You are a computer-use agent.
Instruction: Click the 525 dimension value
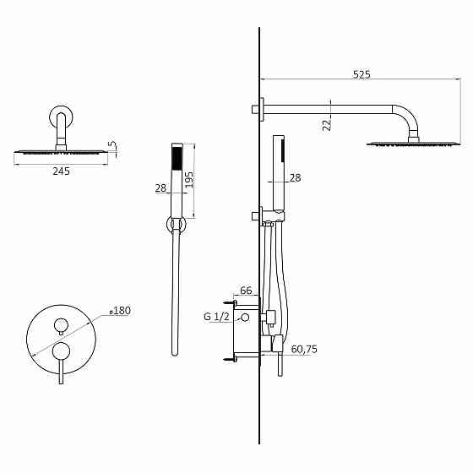coord(362,75)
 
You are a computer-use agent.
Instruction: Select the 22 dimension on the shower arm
coord(327,123)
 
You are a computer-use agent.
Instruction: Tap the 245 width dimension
coord(61,171)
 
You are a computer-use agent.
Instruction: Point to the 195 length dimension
coord(189,180)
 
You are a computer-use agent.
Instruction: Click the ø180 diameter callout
coord(120,311)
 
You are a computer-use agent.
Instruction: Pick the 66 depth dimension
coord(247,291)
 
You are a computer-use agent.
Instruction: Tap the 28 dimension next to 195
coord(161,188)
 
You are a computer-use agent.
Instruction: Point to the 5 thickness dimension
coord(112,146)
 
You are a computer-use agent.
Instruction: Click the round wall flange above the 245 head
coord(61,116)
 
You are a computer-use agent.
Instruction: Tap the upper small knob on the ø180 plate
coord(61,324)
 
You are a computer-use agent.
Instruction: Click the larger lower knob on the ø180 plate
coord(61,351)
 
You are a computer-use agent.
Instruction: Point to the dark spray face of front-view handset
coord(177,159)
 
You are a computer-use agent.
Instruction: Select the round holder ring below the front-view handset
coord(177,224)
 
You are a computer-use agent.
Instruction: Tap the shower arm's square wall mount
coord(263,108)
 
